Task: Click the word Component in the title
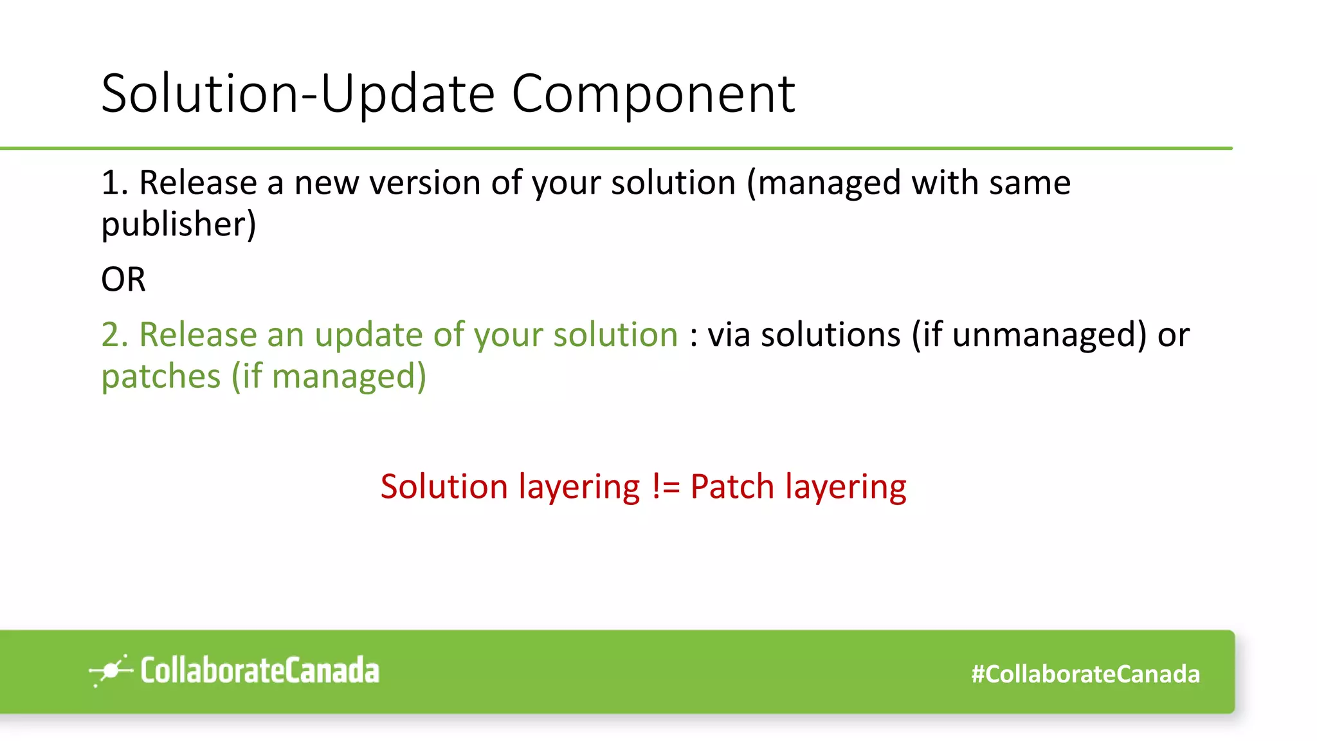[x=653, y=94]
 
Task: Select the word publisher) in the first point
[x=179, y=224]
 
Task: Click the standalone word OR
[x=123, y=280]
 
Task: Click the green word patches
[x=161, y=376]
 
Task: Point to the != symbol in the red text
[x=666, y=487]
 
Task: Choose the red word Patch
[x=732, y=487]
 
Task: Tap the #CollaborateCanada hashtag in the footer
[x=1085, y=674]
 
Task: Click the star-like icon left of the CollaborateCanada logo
[x=111, y=671]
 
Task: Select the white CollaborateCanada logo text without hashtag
[x=260, y=671]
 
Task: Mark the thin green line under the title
[x=616, y=148]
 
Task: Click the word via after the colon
[x=729, y=335]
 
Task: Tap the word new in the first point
[x=326, y=183]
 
